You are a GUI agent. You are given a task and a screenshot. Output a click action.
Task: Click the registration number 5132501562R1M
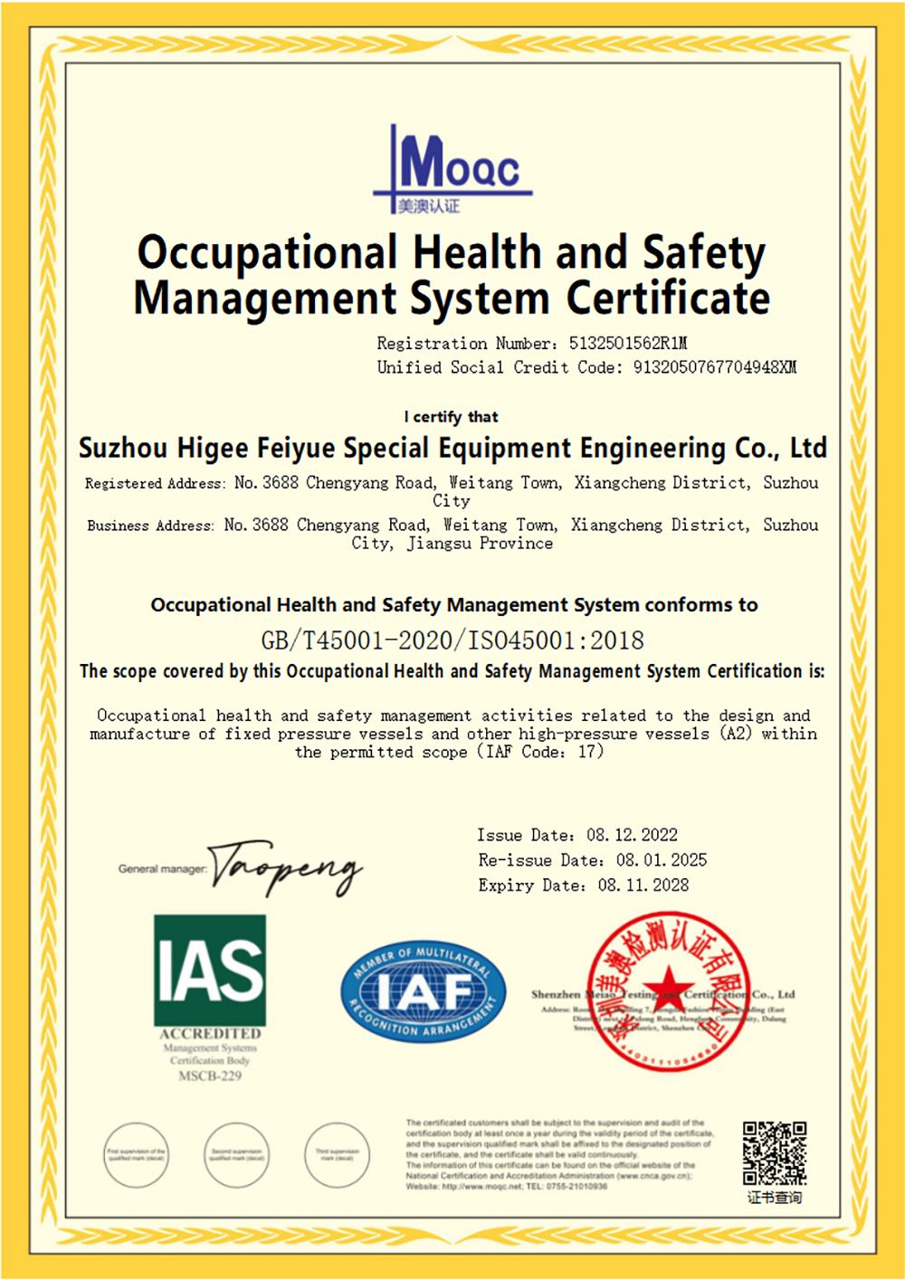[x=628, y=344]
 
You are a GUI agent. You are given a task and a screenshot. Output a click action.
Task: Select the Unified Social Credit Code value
[x=714, y=367]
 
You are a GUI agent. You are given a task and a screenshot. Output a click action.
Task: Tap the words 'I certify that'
[x=451, y=417]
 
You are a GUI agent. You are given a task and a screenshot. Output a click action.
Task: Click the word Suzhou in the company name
[x=123, y=449]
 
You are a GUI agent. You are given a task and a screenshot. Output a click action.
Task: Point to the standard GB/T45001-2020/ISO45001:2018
[x=452, y=640]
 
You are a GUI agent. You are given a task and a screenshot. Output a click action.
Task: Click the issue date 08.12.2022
[x=632, y=835]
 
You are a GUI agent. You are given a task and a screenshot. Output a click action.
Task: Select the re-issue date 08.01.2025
[x=662, y=860]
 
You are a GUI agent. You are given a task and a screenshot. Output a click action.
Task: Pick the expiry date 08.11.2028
[x=643, y=886]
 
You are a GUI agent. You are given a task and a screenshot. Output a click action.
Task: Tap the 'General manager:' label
[x=163, y=869]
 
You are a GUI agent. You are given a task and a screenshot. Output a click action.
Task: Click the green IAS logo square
[x=210, y=970]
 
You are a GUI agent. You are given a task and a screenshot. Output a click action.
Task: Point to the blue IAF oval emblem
[x=423, y=992]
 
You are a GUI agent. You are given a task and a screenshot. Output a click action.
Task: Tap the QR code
[x=775, y=1153]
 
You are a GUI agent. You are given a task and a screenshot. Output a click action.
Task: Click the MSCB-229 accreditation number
[x=210, y=1076]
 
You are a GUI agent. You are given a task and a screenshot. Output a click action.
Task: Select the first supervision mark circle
[x=137, y=1155]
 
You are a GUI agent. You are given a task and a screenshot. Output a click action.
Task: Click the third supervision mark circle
[x=338, y=1155]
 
